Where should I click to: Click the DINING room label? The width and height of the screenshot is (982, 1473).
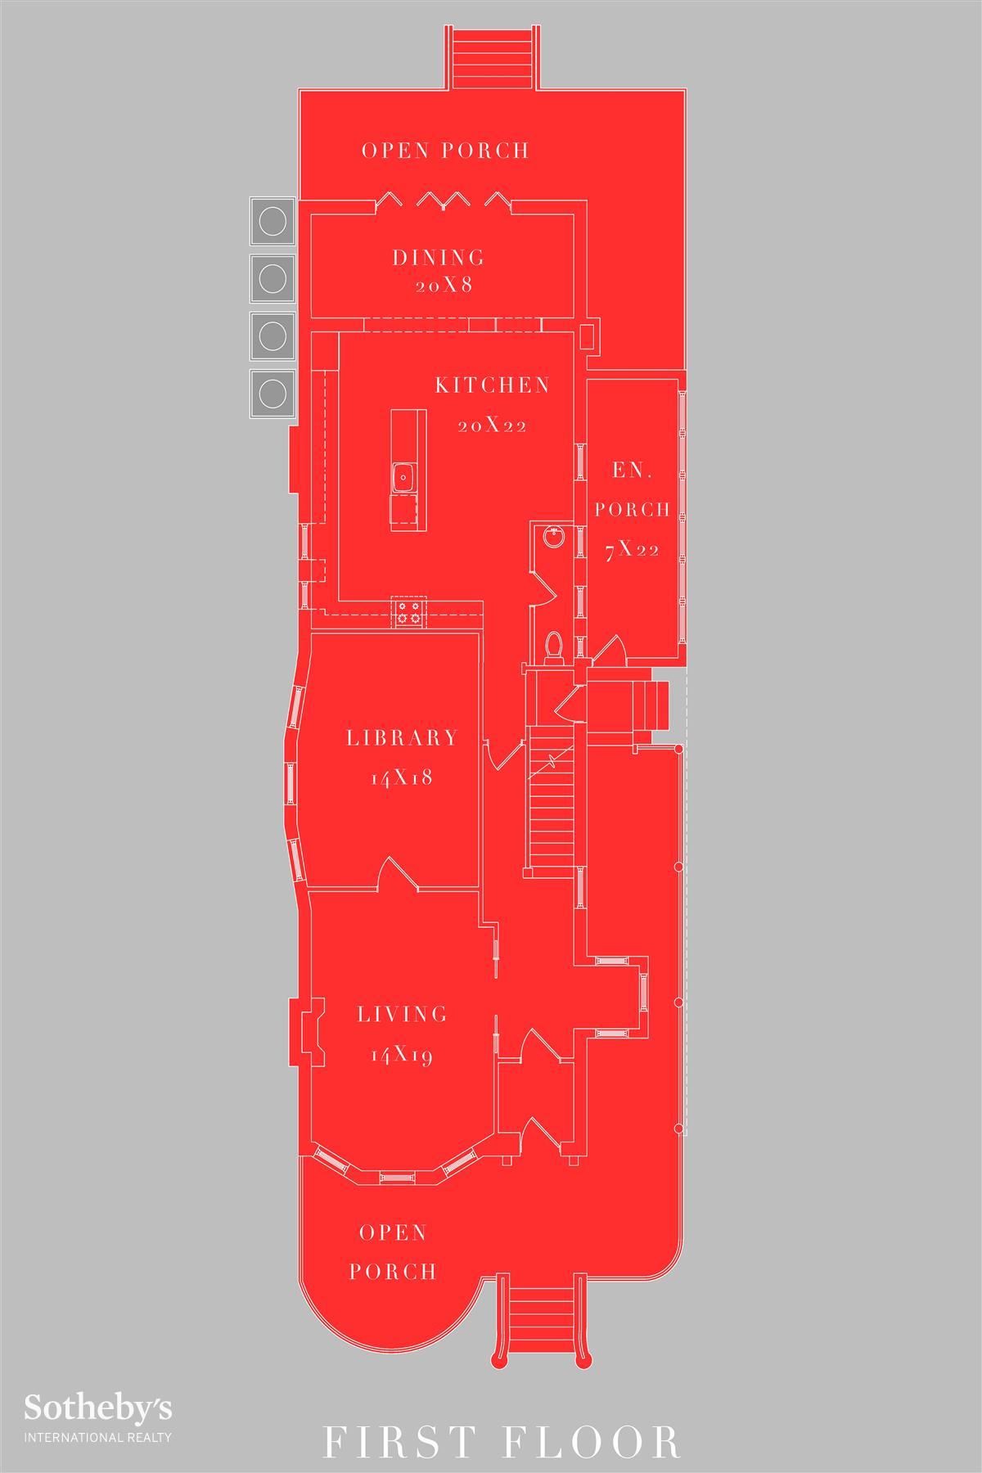click(439, 258)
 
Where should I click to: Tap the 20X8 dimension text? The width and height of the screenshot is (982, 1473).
click(444, 286)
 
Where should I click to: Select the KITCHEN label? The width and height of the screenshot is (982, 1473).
click(493, 385)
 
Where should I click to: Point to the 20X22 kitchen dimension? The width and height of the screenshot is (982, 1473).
click(492, 426)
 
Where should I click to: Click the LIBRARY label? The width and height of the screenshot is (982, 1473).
click(402, 737)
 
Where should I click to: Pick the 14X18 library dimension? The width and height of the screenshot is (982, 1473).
click(401, 777)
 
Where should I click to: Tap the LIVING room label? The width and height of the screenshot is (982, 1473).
click(403, 1015)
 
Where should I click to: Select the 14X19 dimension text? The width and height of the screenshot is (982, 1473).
click(401, 1056)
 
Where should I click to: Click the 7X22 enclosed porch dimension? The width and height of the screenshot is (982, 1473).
click(633, 550)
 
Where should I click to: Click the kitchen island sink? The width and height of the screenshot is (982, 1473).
click(403, 475)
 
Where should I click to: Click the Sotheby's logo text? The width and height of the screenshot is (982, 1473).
click(98, 1408)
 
